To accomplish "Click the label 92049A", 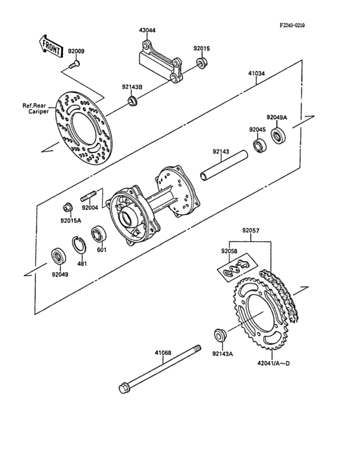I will (278, 117).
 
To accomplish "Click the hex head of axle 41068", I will (123, 389).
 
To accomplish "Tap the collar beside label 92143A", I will (219, 335).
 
